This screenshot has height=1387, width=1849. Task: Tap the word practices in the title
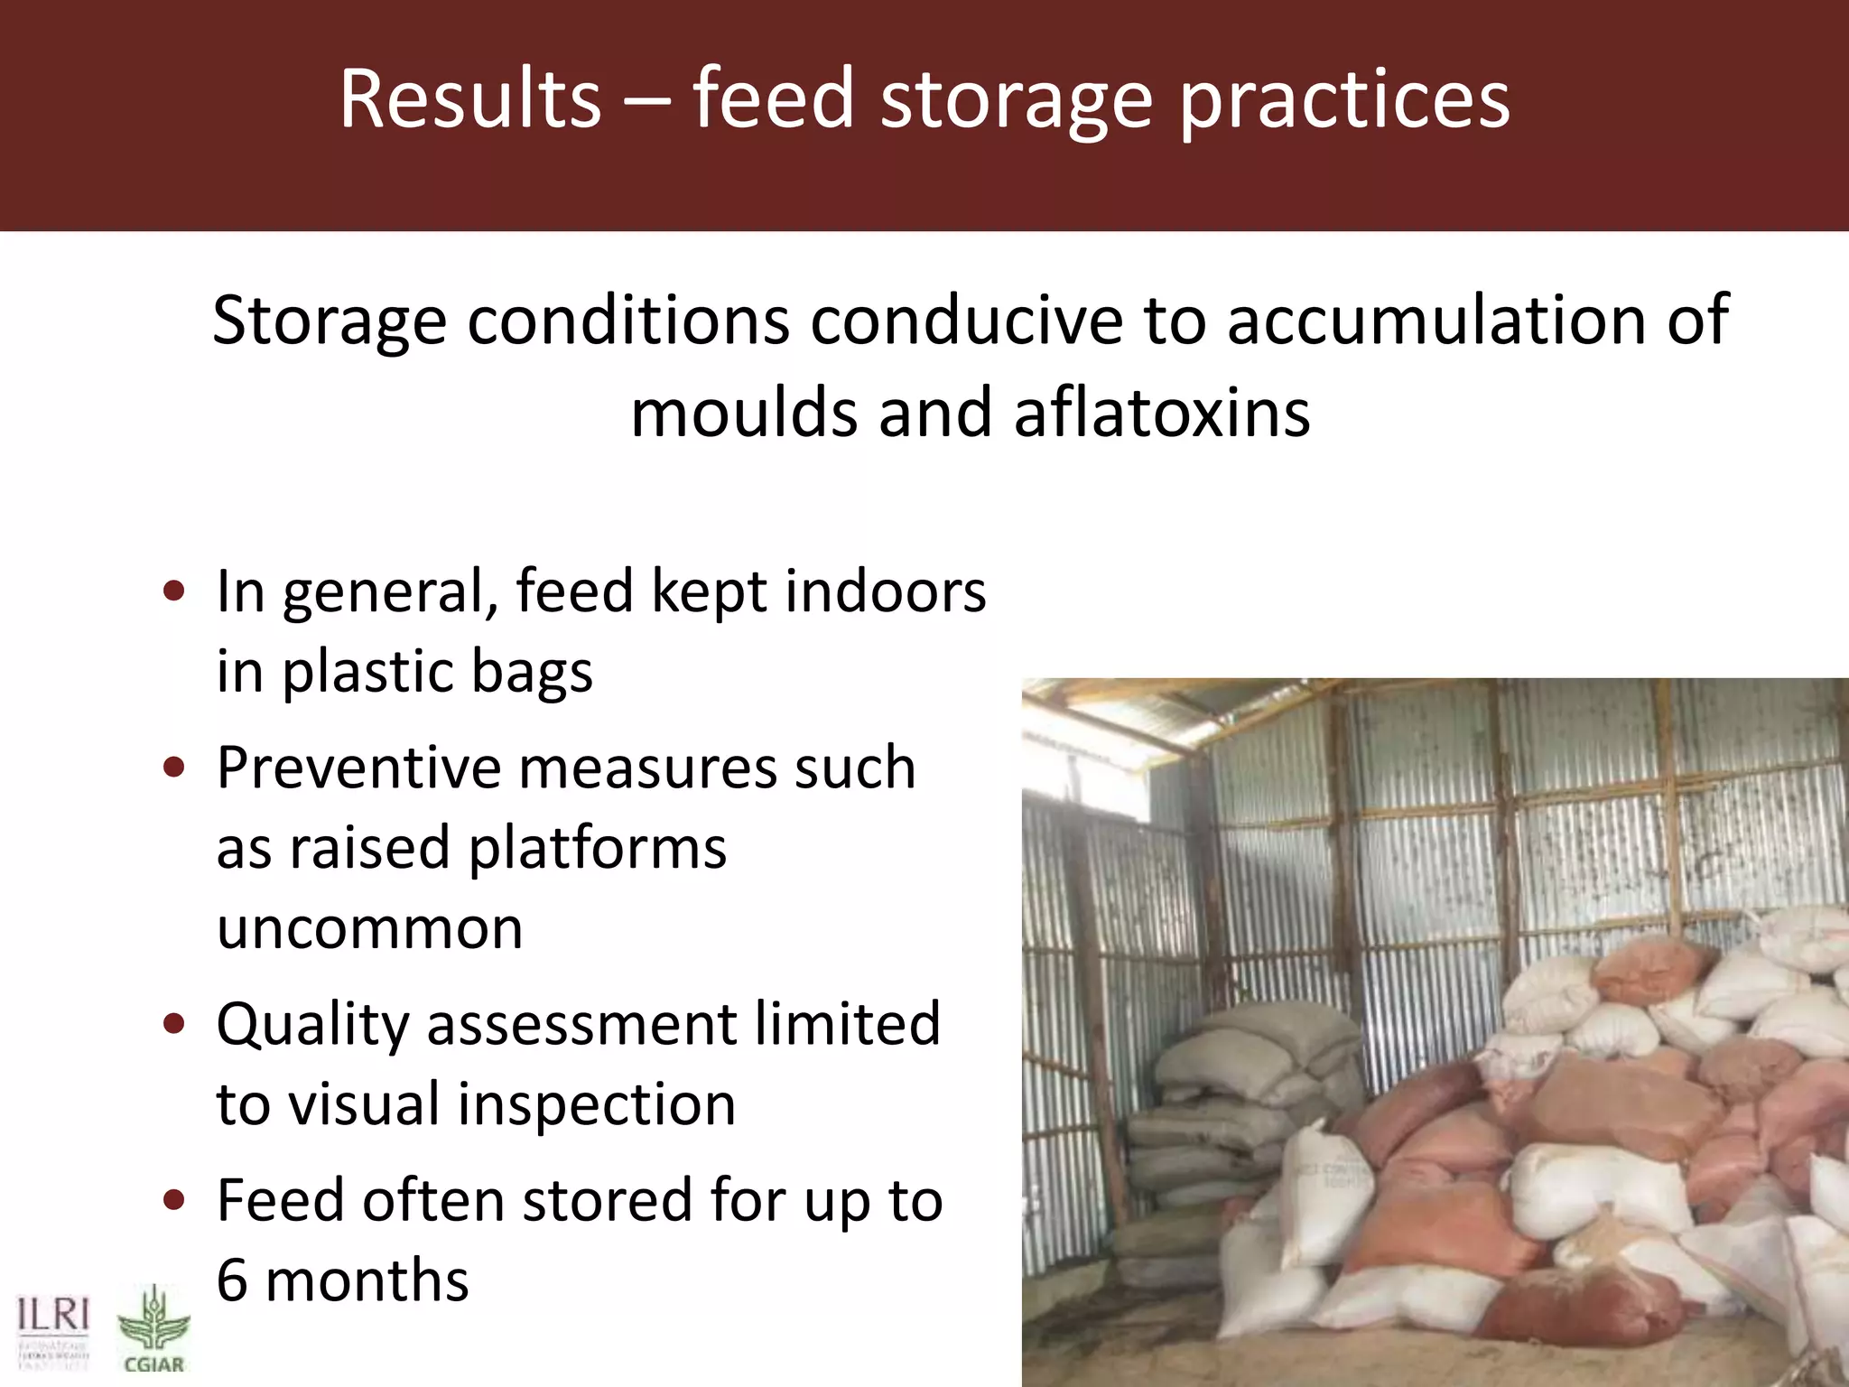coord(1344,101)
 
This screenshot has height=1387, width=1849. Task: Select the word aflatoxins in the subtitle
coord(1161,413)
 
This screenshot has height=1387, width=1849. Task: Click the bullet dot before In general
coord(174,591)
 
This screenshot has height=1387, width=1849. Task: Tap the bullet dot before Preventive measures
coord(174,768)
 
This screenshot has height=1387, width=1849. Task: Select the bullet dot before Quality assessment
coord(174,1024)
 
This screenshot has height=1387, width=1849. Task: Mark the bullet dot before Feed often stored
coord(174,1200)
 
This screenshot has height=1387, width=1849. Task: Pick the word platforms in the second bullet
coord(598,848)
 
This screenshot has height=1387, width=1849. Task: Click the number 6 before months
coord(232,1280)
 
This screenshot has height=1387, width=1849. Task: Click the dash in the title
coord(646,101)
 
